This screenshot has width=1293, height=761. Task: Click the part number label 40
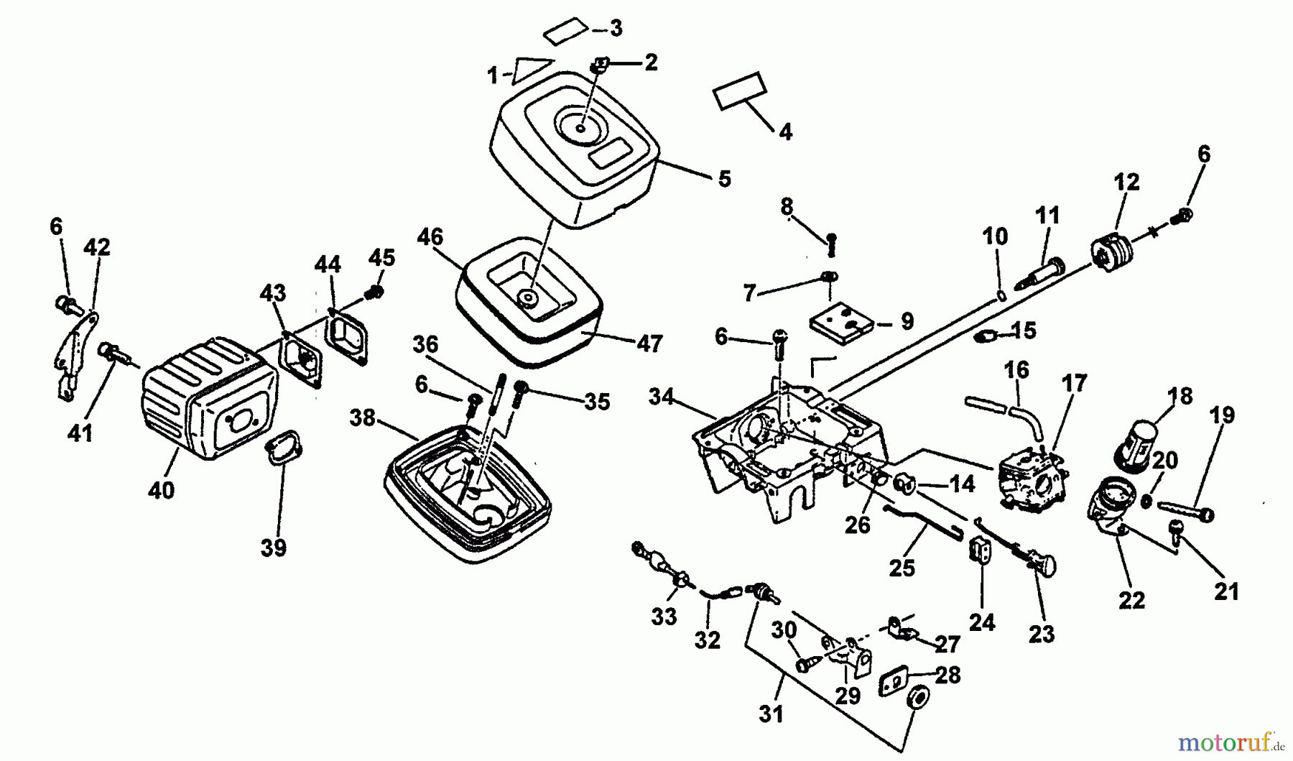(x=161, y=490)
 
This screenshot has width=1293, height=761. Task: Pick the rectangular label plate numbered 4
(x=740, y=90)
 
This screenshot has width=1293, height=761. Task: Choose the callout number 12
(x=1126, y=183)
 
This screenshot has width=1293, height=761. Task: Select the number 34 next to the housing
(x=661, y=397)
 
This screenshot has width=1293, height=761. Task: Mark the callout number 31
(x=770, y=714)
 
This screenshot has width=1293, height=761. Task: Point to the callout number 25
(x=902, y=568)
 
